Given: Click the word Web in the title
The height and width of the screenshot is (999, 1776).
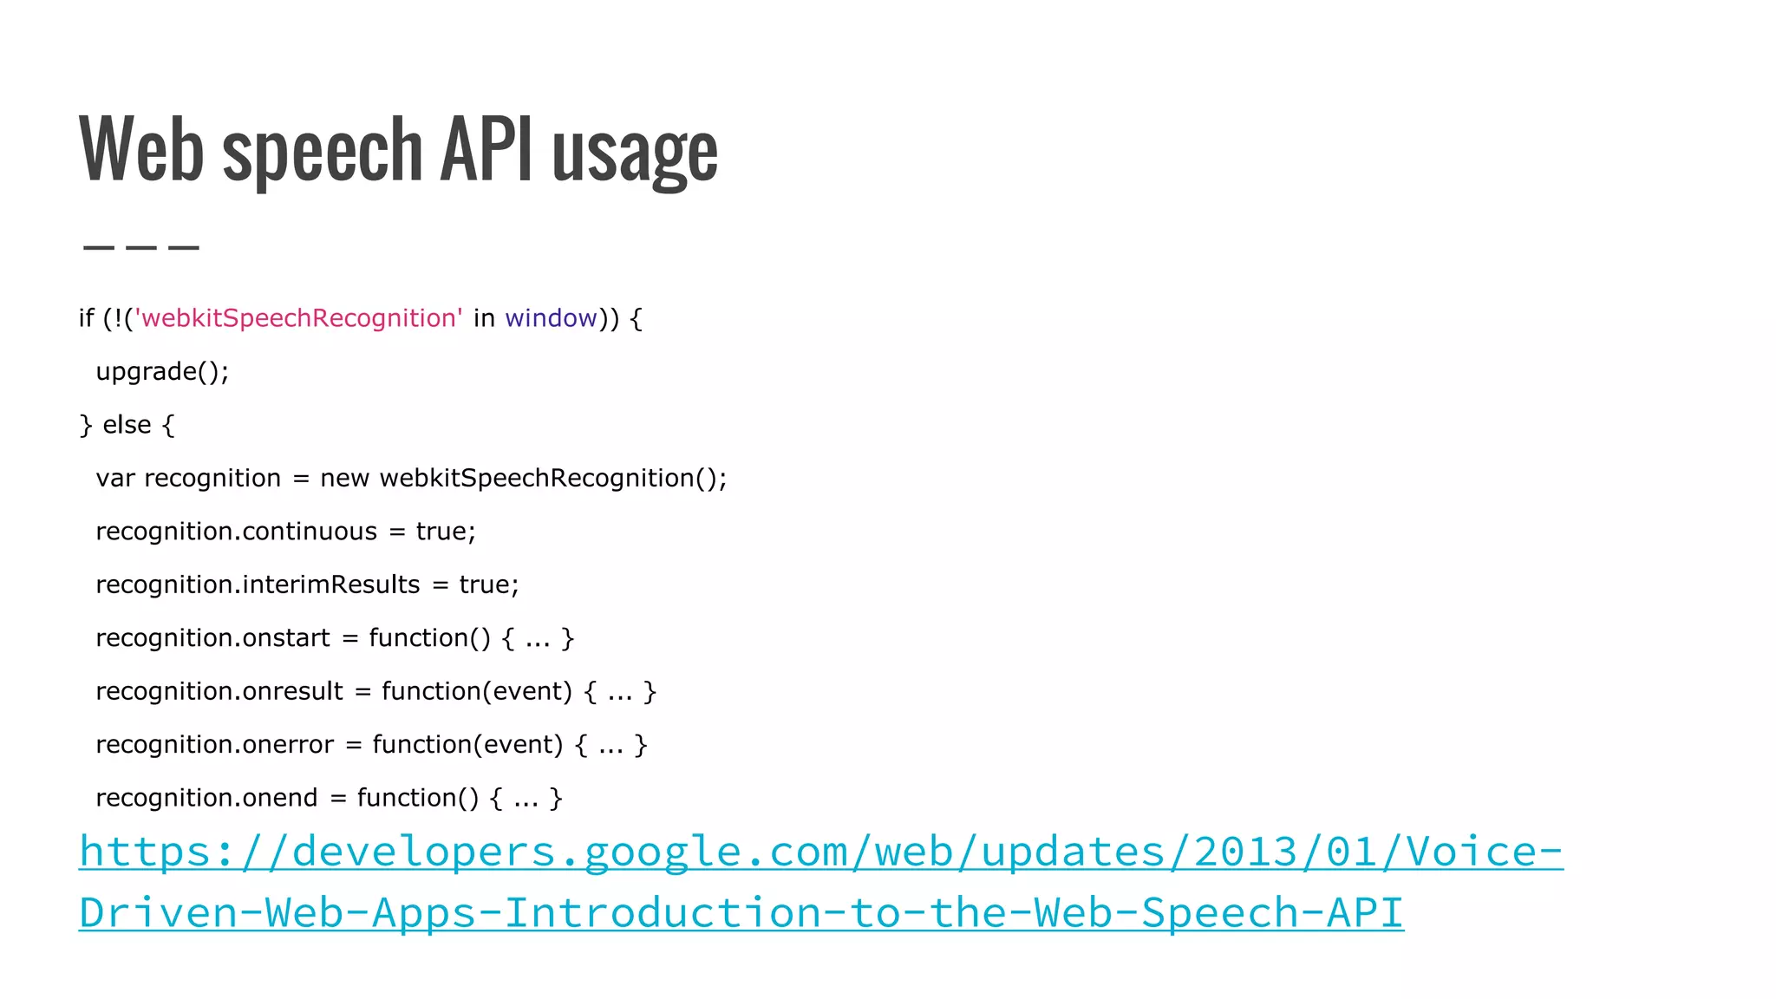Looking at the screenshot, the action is tap(140, 149).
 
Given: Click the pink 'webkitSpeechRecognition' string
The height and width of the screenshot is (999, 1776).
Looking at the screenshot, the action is tap(298, 318).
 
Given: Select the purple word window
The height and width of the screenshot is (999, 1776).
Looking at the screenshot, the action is tap(551, 318).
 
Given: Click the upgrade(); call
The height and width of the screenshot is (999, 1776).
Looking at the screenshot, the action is tap(162, 372).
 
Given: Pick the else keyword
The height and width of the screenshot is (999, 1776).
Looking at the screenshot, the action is tap(127, 425).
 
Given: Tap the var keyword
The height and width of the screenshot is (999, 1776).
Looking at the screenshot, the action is tap(114, 478).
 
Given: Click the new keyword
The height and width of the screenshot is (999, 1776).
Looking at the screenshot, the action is tap(344, 478).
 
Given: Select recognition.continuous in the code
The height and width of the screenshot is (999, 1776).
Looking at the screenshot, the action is tap(236, 532).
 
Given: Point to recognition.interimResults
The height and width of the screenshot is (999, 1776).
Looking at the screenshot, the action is tap(258, 584).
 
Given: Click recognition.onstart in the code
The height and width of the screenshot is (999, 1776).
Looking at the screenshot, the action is tap(212, 638).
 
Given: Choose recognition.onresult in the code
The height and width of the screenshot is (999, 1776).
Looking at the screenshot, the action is tap(219, 691).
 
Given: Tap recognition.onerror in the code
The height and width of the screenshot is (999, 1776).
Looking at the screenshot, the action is tap(214, 745).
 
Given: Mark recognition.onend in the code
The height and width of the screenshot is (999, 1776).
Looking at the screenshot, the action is tap(206, 798).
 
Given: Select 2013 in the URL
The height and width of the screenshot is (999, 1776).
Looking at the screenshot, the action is tap(1245, 852).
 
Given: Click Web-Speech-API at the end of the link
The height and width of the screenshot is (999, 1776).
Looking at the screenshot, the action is tap(1218, 913).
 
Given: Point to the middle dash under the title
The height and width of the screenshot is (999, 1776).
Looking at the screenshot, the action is tap(141, 248).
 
